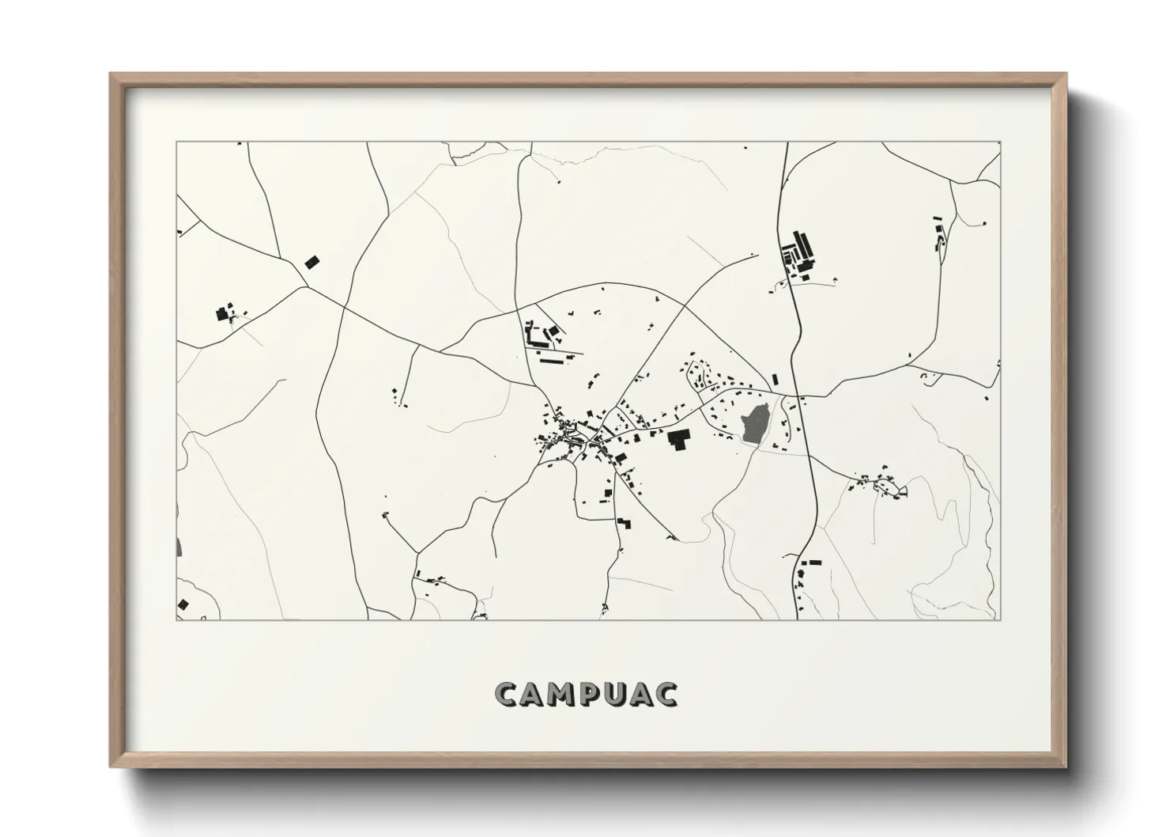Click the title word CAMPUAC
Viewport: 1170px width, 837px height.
coord(586,694)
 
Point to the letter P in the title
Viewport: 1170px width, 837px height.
coord(589,694)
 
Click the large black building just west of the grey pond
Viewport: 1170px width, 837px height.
coord(678,439)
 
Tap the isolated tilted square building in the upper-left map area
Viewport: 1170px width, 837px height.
coord(312,261)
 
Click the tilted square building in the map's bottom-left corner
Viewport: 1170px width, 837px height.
coord(184,604)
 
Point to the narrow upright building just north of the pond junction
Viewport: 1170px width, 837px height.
coord(775,379)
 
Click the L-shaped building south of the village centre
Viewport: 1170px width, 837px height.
coord(625,523)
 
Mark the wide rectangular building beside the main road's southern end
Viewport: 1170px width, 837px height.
coord(814,562)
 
